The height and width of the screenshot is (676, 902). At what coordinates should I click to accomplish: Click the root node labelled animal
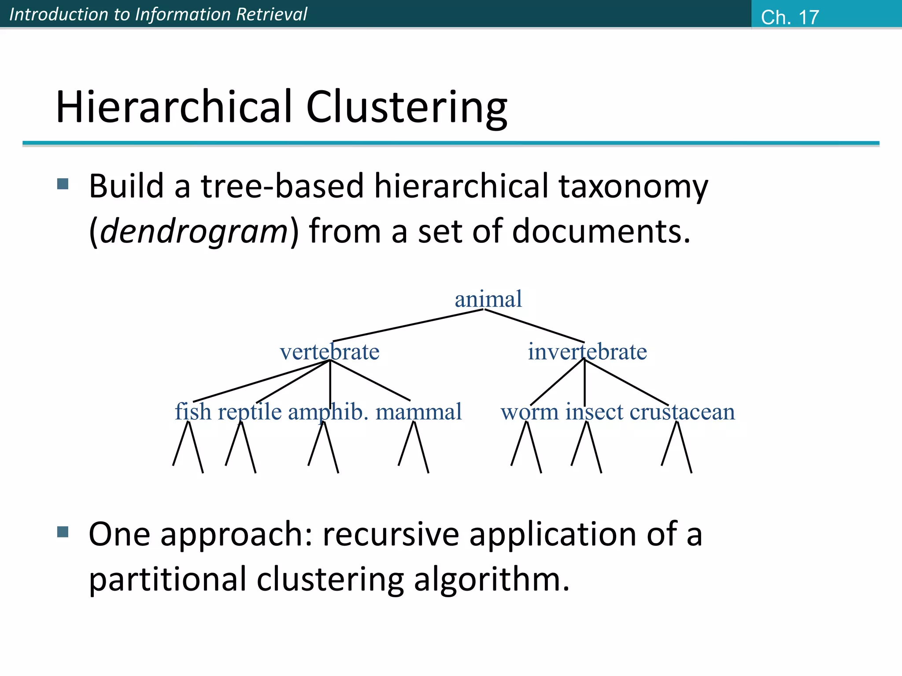[x=488, y=299]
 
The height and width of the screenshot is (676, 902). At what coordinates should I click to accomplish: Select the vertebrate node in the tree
[x=329, y=352]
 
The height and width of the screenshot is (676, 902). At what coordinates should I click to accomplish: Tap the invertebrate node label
[x=587, y=352]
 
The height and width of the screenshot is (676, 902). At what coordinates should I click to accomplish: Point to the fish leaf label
[x=193, y=412]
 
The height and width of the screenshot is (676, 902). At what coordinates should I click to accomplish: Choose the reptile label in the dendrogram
[x=250, y=412]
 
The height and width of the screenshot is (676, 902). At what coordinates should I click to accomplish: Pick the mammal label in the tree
[x=418, y=412]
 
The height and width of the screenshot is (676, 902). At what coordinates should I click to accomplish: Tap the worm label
[x=529, y=412]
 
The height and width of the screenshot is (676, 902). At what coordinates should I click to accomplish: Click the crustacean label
[x=682, y=412]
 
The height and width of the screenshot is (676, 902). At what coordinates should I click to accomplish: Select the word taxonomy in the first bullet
[x=633, y=186]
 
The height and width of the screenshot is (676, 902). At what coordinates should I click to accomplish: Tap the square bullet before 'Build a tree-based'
[x=63, y=184]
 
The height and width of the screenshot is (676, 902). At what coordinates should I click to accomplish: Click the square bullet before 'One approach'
[x=63, y=532]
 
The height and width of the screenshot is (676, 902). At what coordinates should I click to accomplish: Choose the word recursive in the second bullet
[x=391, y=534]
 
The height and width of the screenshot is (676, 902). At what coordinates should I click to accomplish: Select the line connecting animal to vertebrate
[x=407, y=326]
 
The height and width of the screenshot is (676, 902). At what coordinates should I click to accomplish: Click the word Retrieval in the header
[x=271, y=14]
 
